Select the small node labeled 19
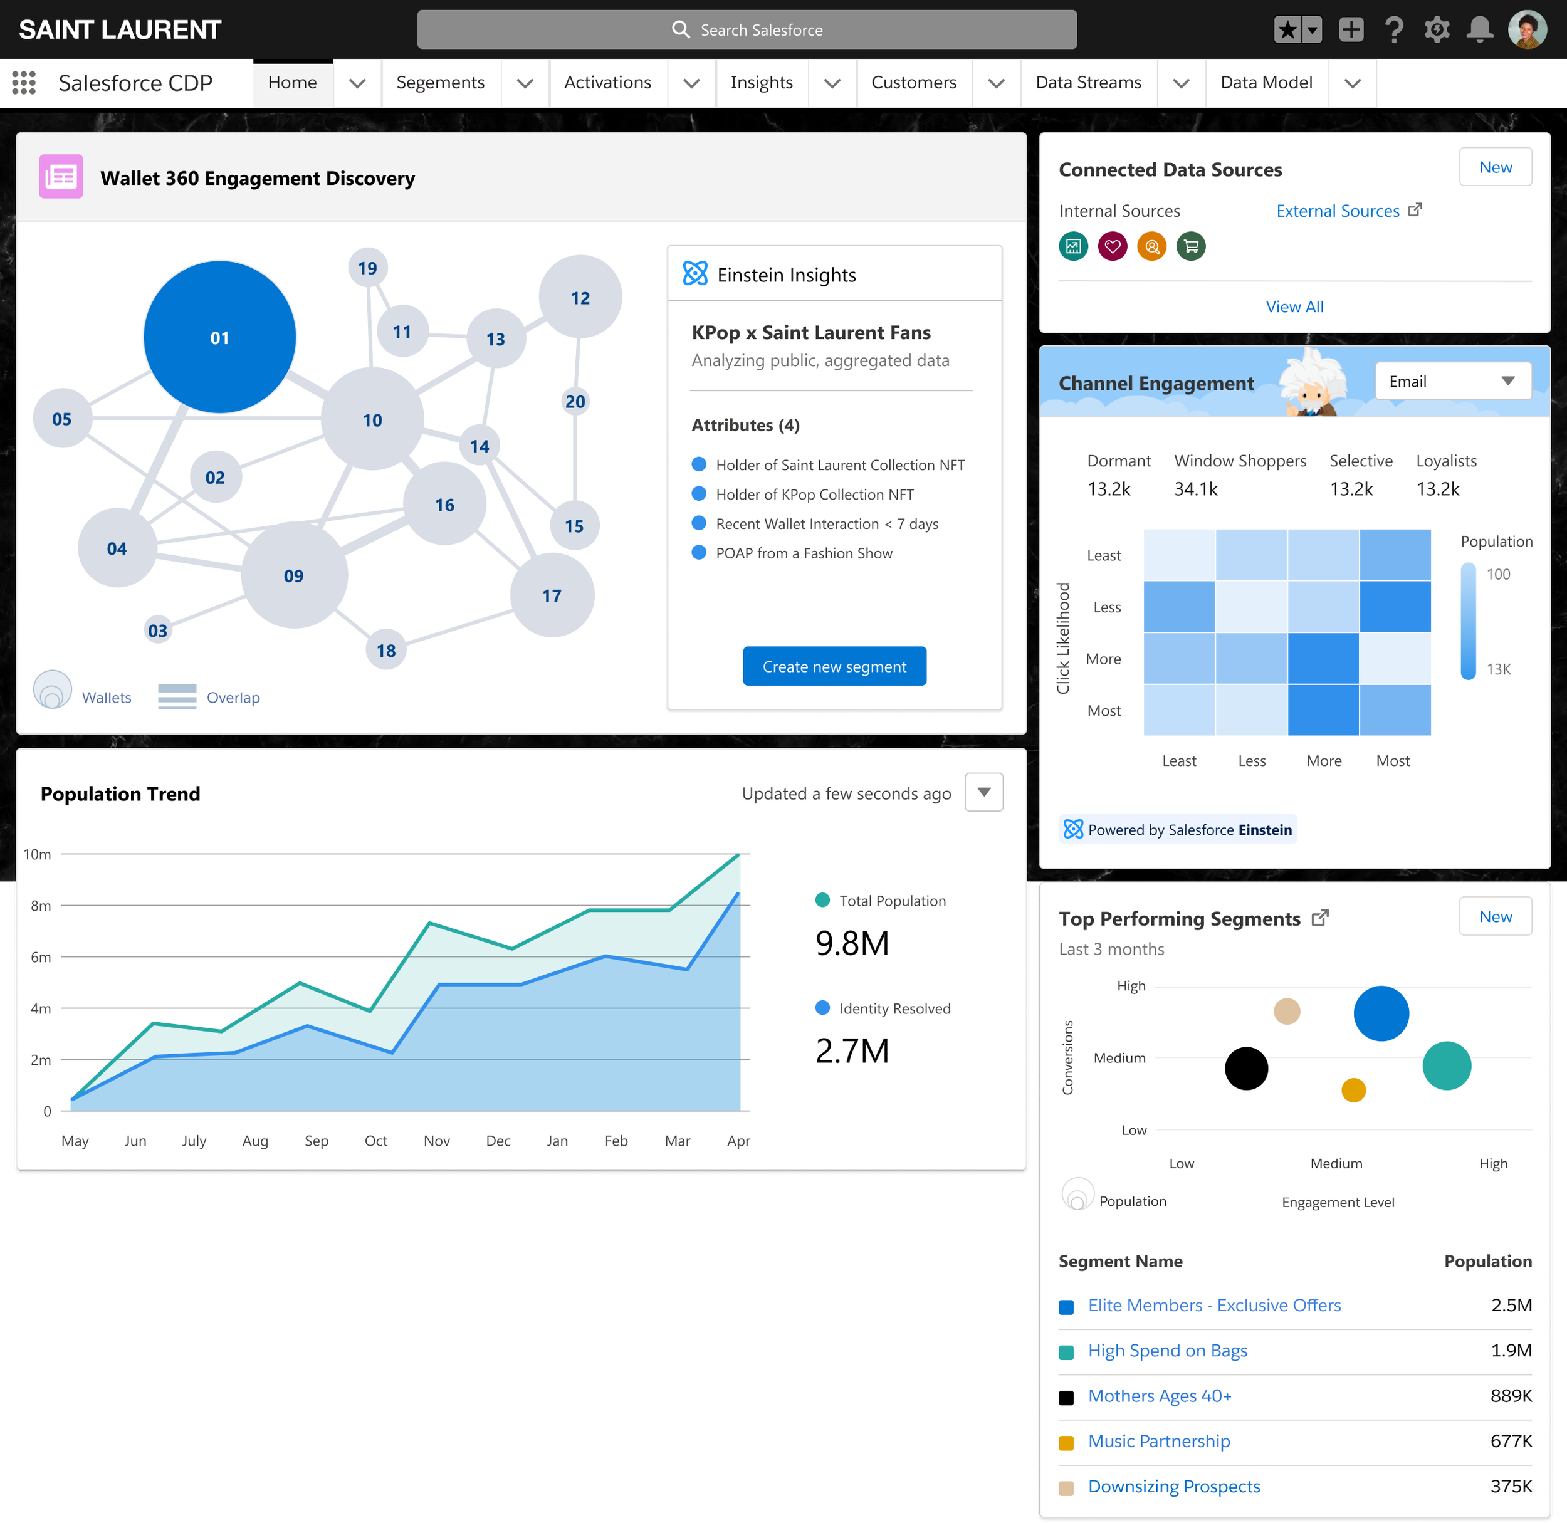pos(367,268)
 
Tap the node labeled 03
pos(157,631)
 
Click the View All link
pos(1294,306)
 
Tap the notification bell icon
pos(1479,29)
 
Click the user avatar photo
pos(1526,29)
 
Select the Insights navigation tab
pos(761,82)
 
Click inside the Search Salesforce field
pos(747,29)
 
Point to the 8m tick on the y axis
pos(41,906)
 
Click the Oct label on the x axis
pos(375,1141)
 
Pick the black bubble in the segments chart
pos(1245,1068)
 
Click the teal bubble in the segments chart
pos(1446,1065)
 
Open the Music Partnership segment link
pos(1158,1441)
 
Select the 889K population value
pos(1510,1395)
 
